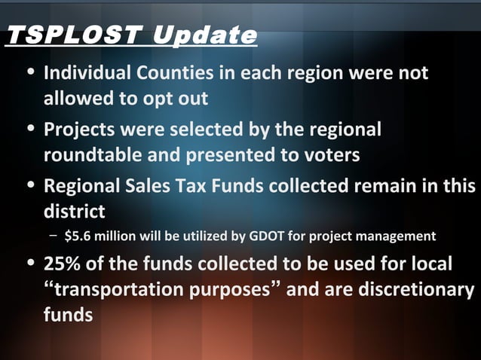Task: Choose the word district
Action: (x=74, y=209)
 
